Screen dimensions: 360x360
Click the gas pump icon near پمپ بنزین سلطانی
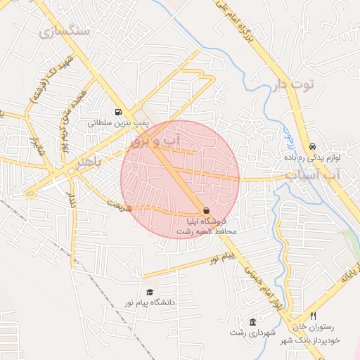(117, 112)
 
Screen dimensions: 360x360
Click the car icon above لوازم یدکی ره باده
(311, 147)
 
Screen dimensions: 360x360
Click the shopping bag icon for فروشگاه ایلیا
(206, 210)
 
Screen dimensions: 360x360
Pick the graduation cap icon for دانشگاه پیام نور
(149, 292)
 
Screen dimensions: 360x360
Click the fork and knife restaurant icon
(314, 316)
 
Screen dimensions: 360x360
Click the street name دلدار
(70, 195)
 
